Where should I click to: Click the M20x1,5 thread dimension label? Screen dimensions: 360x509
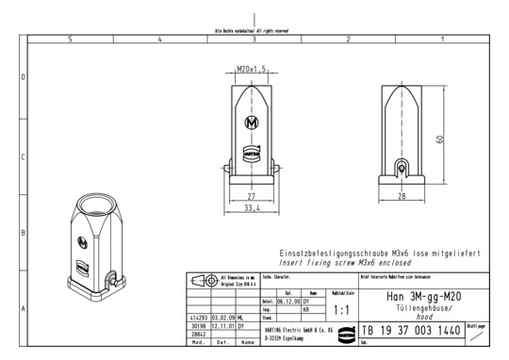point(251,69)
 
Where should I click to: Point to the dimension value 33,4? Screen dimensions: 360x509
point(251,209)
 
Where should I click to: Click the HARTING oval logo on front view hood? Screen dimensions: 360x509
point(252,151)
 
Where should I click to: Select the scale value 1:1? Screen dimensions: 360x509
point(343,308)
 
